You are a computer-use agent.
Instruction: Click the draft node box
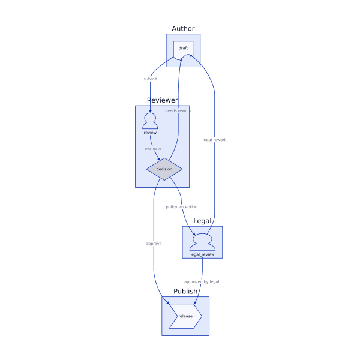pyautogui.click(x=183, y=49)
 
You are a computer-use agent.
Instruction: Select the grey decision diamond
pyautogui.click(x=164, y=169)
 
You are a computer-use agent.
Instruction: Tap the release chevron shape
pyautogui.click(x=185, y=316)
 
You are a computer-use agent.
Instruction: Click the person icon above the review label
pyautogui.click(x=150, y=121)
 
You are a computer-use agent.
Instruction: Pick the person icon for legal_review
pyautogui.click(x=202, y=242)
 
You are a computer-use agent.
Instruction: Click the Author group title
pyautogui.click(x=183, y=29)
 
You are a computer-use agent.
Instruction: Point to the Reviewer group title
pyautogui.click(x=162, y=100)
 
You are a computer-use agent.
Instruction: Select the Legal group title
pyautogui.click(x=202, y=221)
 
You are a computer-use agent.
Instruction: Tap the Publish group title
pyautogui.click(x=185, y=292)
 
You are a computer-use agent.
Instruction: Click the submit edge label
pyautogui.click(x=150, y=79)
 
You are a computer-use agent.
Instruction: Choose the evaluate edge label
pyautogui.click(x=153, y=148)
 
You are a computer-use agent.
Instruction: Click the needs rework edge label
pyautogui.click(x=178, y=110)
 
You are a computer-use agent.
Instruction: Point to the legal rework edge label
pyautogui.click(x=215, y=140)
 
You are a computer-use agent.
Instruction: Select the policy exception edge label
pyautogui.click(x=181, y=207)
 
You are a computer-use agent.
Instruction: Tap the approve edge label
pyautogui.click(x=154, y=244)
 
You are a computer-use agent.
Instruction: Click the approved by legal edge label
pyautogui.click(x=202, y=281)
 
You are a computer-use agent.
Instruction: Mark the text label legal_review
pyautogui.click(x=202, y=254)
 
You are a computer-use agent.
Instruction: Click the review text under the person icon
pyautogui.click(x=150, y=133)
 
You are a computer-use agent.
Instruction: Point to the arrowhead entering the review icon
pyautogui.click(x=150, y=112)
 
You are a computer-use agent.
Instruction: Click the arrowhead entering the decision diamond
pyautogui.click(x=160, y=159)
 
